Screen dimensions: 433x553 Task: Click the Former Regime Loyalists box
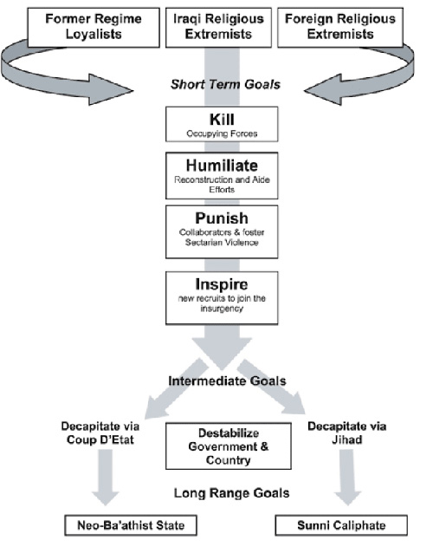[94, 27]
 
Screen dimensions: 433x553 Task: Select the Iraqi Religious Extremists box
[218, 27]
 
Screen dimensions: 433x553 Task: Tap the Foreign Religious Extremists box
[340, 27]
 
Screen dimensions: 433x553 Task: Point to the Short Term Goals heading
[225, 85]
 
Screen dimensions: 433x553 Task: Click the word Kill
[222, 120]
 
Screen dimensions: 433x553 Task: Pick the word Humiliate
[222, 165]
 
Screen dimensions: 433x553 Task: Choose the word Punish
[222, 218]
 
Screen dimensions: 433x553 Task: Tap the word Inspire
[222, 284]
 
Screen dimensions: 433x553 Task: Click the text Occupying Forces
[222, 133]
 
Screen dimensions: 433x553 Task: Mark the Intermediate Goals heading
[227, 381]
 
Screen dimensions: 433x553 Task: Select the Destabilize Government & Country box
[229, 446]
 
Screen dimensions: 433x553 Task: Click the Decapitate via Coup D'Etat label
[100, 433]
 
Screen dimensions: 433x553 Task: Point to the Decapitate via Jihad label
[347, 433]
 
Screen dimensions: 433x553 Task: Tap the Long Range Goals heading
[231, 493]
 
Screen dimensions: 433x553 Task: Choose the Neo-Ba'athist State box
[131, 525]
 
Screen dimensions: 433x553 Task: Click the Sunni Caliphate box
[341, 525]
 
